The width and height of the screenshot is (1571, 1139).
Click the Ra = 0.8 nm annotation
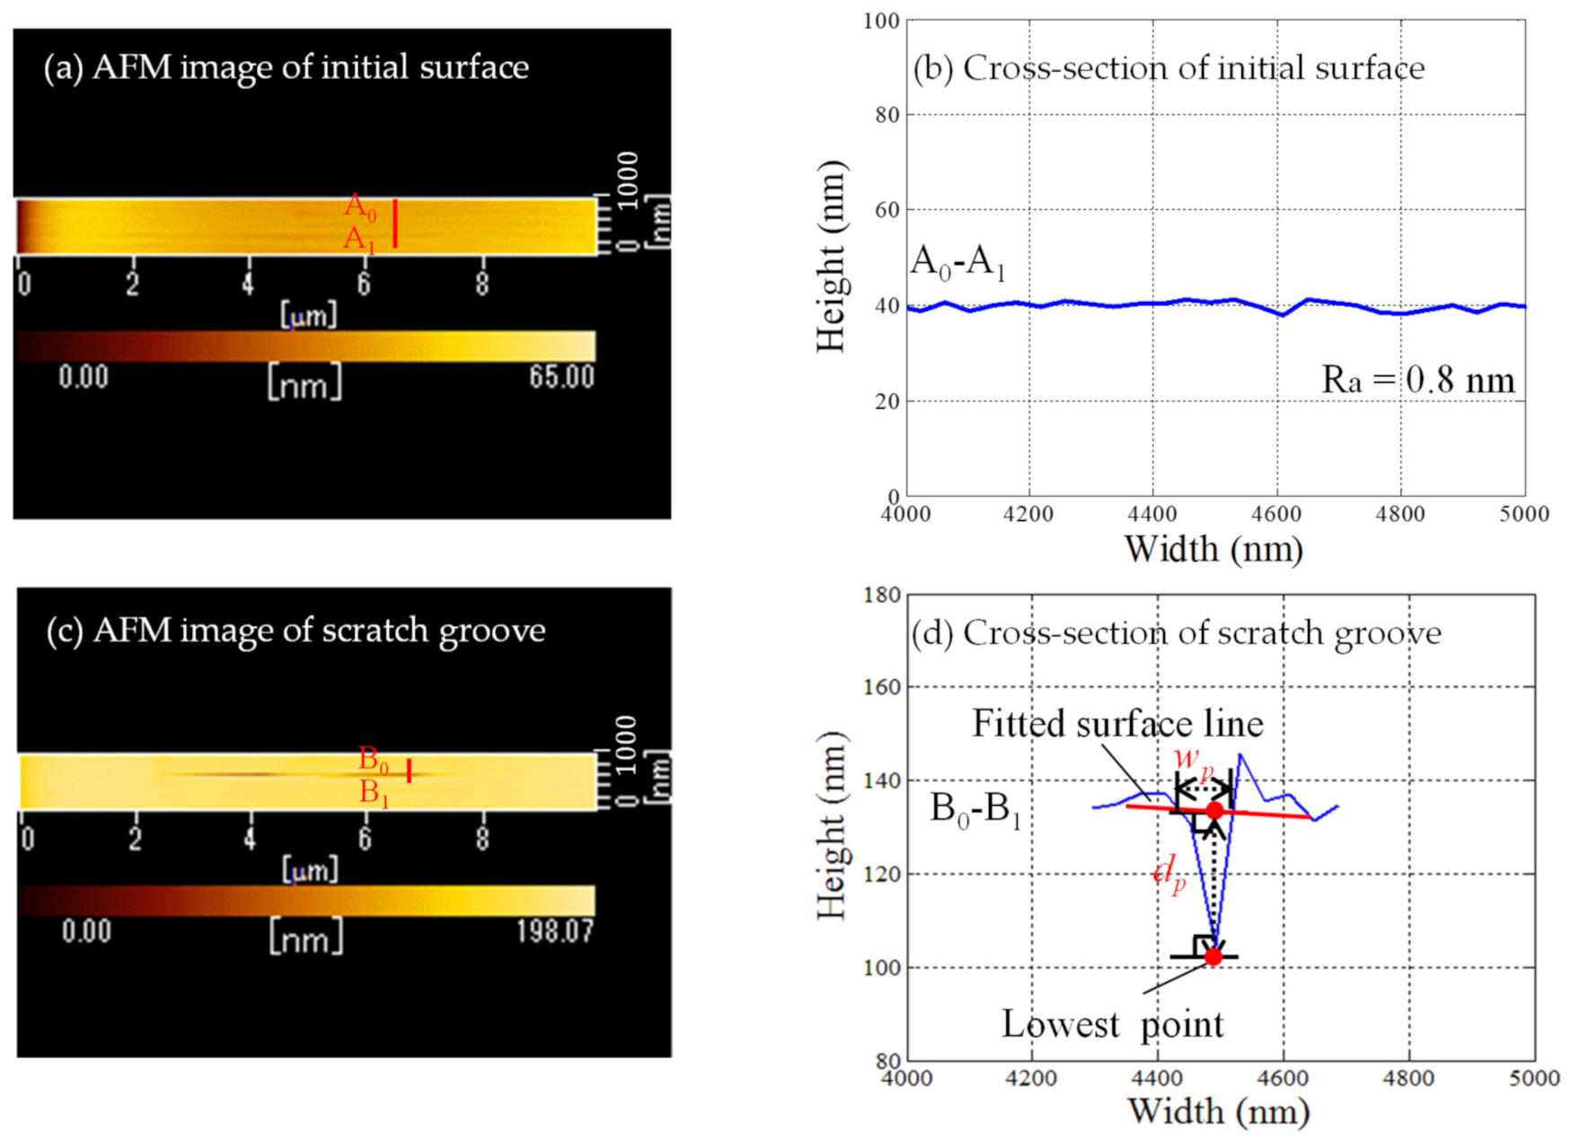tap(1417, 380)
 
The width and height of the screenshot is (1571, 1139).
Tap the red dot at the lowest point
tap(1214, 957)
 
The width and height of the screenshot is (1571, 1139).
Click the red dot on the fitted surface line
tap(1214, 810)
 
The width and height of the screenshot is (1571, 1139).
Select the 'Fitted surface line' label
tap(1117, 724)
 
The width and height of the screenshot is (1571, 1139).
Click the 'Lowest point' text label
tap(1112, 1025)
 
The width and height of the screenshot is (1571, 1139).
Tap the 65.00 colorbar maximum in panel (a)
tap(561, 377)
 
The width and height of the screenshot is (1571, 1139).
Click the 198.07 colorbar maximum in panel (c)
tap(554, 932)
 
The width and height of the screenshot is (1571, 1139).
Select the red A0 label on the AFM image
tap(360, 207)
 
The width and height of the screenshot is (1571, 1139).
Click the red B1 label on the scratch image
tap(374, 793)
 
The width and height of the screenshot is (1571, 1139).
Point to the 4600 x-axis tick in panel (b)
tap(1276, 515)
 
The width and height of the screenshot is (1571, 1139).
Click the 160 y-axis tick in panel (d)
tap(882, 687)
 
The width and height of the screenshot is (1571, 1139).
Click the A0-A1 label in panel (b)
tap(958, 262)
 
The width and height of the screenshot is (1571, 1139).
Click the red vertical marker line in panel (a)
tap(395, 224)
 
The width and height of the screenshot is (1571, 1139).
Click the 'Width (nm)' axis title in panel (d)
tap(1219, 1112)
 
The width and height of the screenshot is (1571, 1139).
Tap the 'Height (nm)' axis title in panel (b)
tap(832, 257)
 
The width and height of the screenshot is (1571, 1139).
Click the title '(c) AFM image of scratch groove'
tap(296, 631)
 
